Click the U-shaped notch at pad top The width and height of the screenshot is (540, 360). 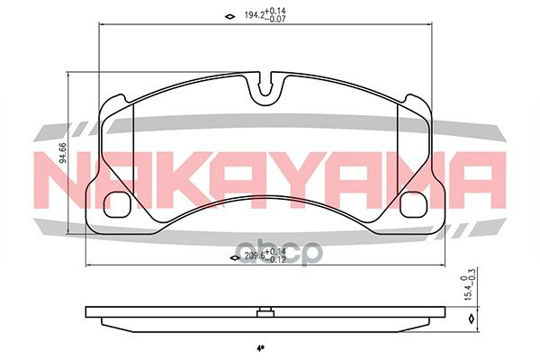[265, 88]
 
